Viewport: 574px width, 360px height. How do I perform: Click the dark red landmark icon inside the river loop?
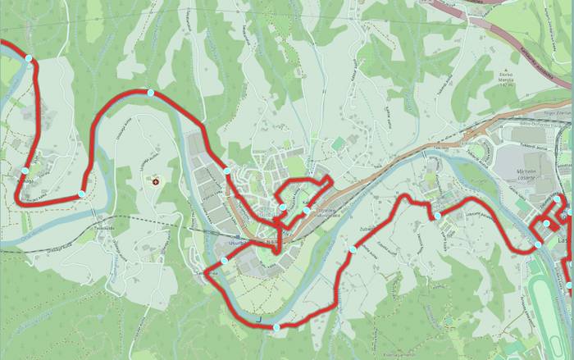pyautogui.click(x=154, y=180)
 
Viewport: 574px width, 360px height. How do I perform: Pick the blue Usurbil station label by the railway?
pyautogui.click(x=267, y=214)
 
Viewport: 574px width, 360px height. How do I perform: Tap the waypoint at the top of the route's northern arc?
pyautogui.click(x=150, y=93)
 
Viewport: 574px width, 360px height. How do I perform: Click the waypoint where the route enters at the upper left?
pyautogui.click(x=28, y=59)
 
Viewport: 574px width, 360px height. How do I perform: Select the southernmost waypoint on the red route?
pyautogui.click(x=276, y=327)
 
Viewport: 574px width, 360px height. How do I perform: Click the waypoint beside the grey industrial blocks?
pyautogui.click(x=226, y=171)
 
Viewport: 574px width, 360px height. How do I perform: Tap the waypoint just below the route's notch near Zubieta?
pyautogui.click(x=438, y=216)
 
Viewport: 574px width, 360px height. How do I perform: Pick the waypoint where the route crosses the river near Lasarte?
pyautogui.click(x=538, y=244)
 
